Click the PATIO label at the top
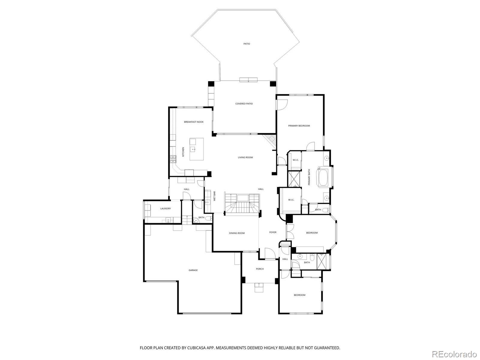click(247, 44)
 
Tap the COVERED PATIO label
click(244, 104)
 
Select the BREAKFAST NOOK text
click(194, 122)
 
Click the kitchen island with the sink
click(196, 149)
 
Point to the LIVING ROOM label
click(245, 157)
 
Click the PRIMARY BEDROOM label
click(299, 126)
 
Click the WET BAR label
click(214, 196)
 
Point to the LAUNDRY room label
click(166, 209)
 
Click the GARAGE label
click(193, 270)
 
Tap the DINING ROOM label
click(237, 233)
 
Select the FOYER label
click(273, 232)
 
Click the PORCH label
click(260, 269)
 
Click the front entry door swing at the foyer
click(270, 254)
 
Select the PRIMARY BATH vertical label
click(309, 177)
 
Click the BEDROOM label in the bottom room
click(299, 295)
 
